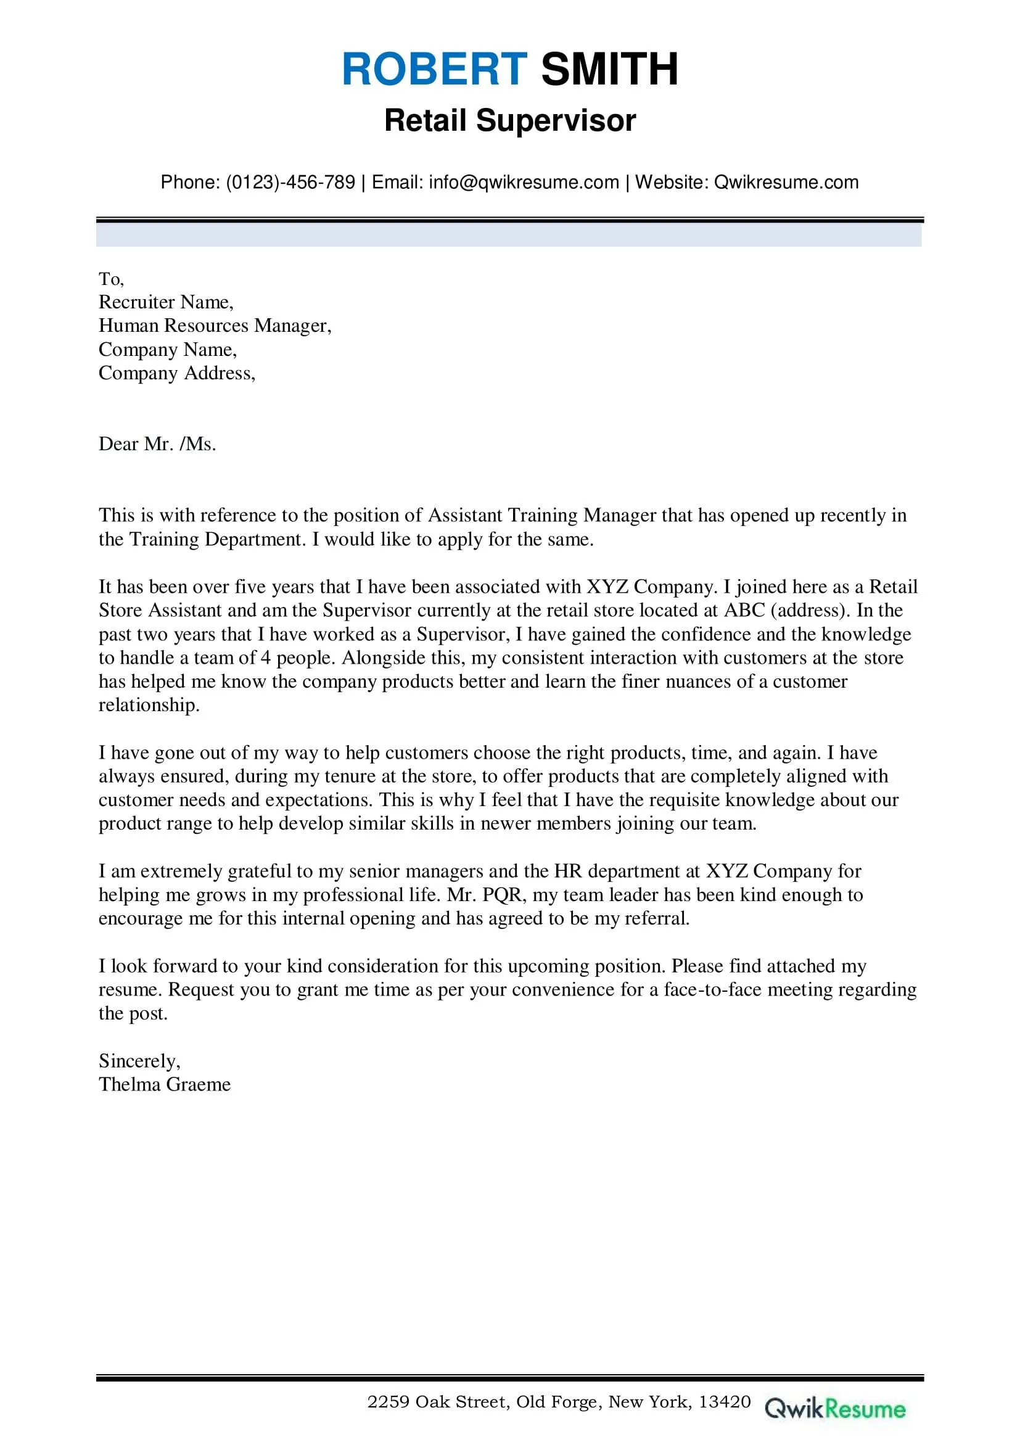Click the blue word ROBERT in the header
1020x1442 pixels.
pyautogui.click(x=434, y=69)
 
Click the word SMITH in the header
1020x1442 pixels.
pyautogui.click(x=609, y=69)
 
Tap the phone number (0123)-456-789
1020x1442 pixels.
pyautogui.click(x=290, y=182)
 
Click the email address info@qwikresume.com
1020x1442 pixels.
pyautogui.click(x=524, y=182)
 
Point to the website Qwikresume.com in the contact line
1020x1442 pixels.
pyautogui.click(x=786, y=182)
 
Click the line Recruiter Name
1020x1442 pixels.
pyautogui.click(x=166, y=302)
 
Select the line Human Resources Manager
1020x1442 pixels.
pyautogui.click(x=215, y=325)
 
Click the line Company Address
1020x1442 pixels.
pyautogui.click(x=176, y=373)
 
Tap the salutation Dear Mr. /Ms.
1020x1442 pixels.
pyautogui.click(x=157, y=444)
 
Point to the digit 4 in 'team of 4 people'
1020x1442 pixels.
pyautogui.click(x=266, y=657)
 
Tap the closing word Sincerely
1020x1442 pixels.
pyautogui.click(x=139, y=1061)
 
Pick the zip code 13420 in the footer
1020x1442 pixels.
pyautogui.click(x=725, y=1401)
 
